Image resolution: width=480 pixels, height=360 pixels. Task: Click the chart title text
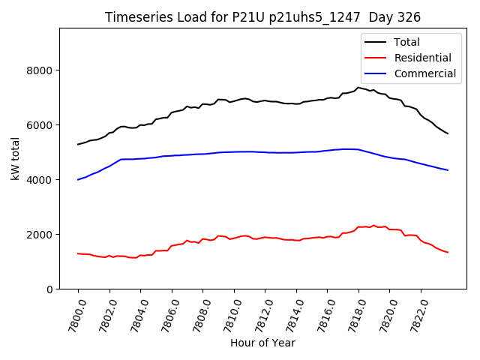click(262, 17)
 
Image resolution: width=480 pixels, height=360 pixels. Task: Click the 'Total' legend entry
click(407, 42)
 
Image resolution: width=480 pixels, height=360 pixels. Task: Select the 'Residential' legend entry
click(422, 58)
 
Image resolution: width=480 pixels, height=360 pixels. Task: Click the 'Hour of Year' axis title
click(262, 343)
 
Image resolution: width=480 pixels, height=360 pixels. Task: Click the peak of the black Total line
click(358, 87)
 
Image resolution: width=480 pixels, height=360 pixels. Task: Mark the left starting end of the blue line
click(78, 179)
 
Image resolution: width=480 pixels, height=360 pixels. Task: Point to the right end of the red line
click(448, 252)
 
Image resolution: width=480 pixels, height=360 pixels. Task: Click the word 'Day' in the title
click(385, 17)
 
